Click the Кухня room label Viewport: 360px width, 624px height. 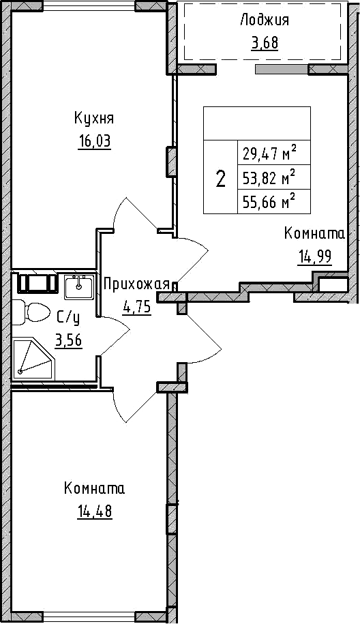click(94, 119)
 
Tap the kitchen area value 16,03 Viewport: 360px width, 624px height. click(94, 142)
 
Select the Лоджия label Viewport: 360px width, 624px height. click(265, 20)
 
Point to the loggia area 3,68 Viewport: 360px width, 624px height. click(264, 42)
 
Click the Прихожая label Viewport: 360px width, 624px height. click(136, 285)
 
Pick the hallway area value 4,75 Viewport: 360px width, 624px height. click(137, 308)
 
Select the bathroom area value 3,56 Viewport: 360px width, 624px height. click(68, 341)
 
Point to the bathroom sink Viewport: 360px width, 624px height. click(79, 287)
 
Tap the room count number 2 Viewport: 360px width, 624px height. click(220, 178)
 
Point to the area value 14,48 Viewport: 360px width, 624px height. click(95, 511)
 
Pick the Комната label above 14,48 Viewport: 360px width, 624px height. click(94, 488)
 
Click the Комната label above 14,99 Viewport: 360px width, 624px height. click(314, 234)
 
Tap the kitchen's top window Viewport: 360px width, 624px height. click(89, 5)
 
